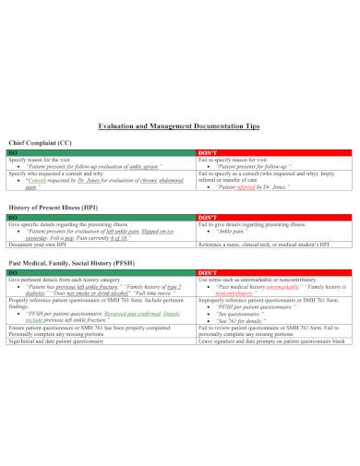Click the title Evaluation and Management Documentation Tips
(x=180, y=125)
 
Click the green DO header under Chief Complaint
(x=13, y=152)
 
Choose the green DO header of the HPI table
(x=13, y=218)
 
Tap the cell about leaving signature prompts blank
(x=271, y=341)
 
